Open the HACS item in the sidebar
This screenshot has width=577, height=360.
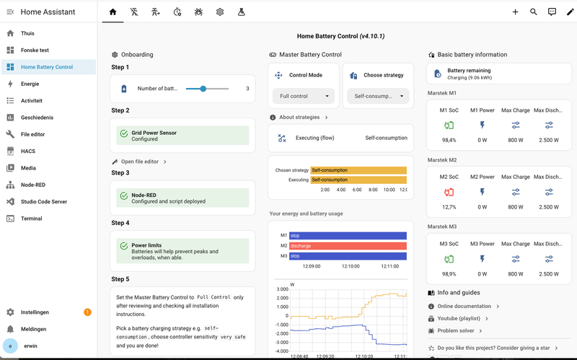28,151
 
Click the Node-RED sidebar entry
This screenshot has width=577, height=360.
33,185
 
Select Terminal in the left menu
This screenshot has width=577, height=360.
31,219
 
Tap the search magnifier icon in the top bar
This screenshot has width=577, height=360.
533,12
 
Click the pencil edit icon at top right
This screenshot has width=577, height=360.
570,12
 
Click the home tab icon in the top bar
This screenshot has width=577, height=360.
113,12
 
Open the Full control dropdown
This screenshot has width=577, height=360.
304,96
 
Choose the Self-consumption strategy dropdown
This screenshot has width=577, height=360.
378,96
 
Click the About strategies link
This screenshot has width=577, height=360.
299,117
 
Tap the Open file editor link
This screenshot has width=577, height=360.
140,162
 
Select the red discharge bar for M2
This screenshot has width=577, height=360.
348,246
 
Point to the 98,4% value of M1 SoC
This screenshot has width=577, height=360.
449,140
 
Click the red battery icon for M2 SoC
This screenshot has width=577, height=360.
449,192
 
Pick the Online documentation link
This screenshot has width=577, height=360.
464,307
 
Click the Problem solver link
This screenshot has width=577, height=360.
456,330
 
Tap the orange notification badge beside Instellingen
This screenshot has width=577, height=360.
87,312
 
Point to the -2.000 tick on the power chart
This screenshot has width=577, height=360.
283,333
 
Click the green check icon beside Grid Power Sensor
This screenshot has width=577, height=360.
124,133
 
